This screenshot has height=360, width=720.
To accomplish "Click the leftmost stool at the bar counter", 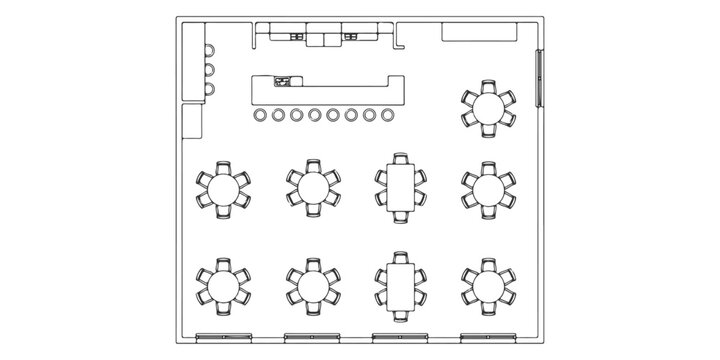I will [x=260, y=116].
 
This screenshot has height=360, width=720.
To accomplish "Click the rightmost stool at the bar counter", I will [x=387, y=116].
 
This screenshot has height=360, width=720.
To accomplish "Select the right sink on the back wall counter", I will [x=350, y=36].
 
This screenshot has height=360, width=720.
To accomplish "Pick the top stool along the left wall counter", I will [x=210, y=50].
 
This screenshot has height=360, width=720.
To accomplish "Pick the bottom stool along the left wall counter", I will [x=210, y=89].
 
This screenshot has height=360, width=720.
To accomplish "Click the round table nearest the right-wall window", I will [x=488, y=107].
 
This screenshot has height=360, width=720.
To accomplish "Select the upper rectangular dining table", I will [x=400, y=187].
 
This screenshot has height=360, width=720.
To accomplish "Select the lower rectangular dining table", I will [x=400, y=285].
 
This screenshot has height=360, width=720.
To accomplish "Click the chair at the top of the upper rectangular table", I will [x=400, y=159].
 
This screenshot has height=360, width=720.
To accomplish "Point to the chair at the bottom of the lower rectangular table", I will [x=400, y=314].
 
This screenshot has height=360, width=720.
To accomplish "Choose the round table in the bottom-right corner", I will [x=488, y=285].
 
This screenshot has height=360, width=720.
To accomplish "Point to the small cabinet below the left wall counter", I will [x=192, y=121].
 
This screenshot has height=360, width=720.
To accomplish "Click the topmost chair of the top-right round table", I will [x=488, y=85].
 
